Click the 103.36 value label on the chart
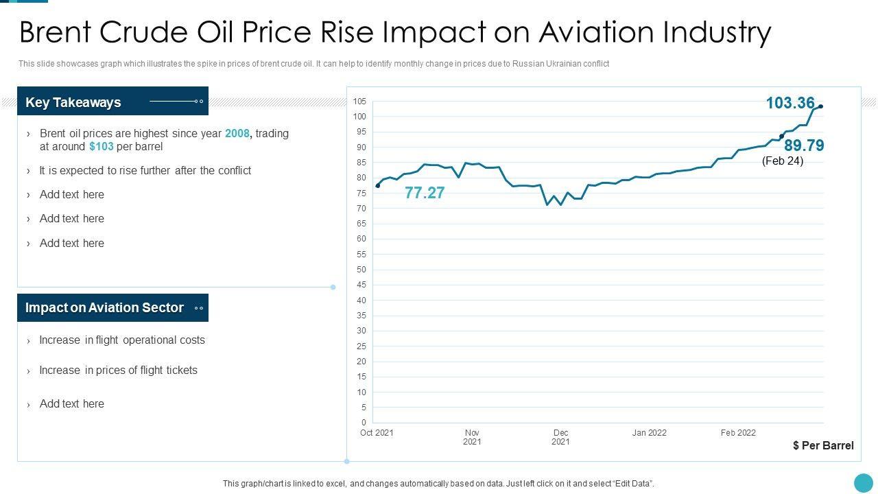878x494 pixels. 790,103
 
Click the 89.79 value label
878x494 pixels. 804,145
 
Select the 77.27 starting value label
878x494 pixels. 425,193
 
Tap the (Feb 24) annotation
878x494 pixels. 783,161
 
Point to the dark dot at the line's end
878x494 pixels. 821,106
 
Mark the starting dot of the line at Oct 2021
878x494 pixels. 378,186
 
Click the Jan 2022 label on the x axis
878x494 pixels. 649,433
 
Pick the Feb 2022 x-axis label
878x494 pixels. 738,433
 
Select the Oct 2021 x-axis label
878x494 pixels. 377,433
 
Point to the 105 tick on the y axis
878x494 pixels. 360,102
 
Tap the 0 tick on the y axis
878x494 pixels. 364,423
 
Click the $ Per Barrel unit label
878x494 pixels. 823,446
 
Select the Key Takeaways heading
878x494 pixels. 73,102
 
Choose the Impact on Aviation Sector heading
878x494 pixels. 104,308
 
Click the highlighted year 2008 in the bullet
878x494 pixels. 237,134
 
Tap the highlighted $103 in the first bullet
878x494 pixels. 102,147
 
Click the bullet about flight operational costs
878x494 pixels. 122,340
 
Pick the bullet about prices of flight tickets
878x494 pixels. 118,370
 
